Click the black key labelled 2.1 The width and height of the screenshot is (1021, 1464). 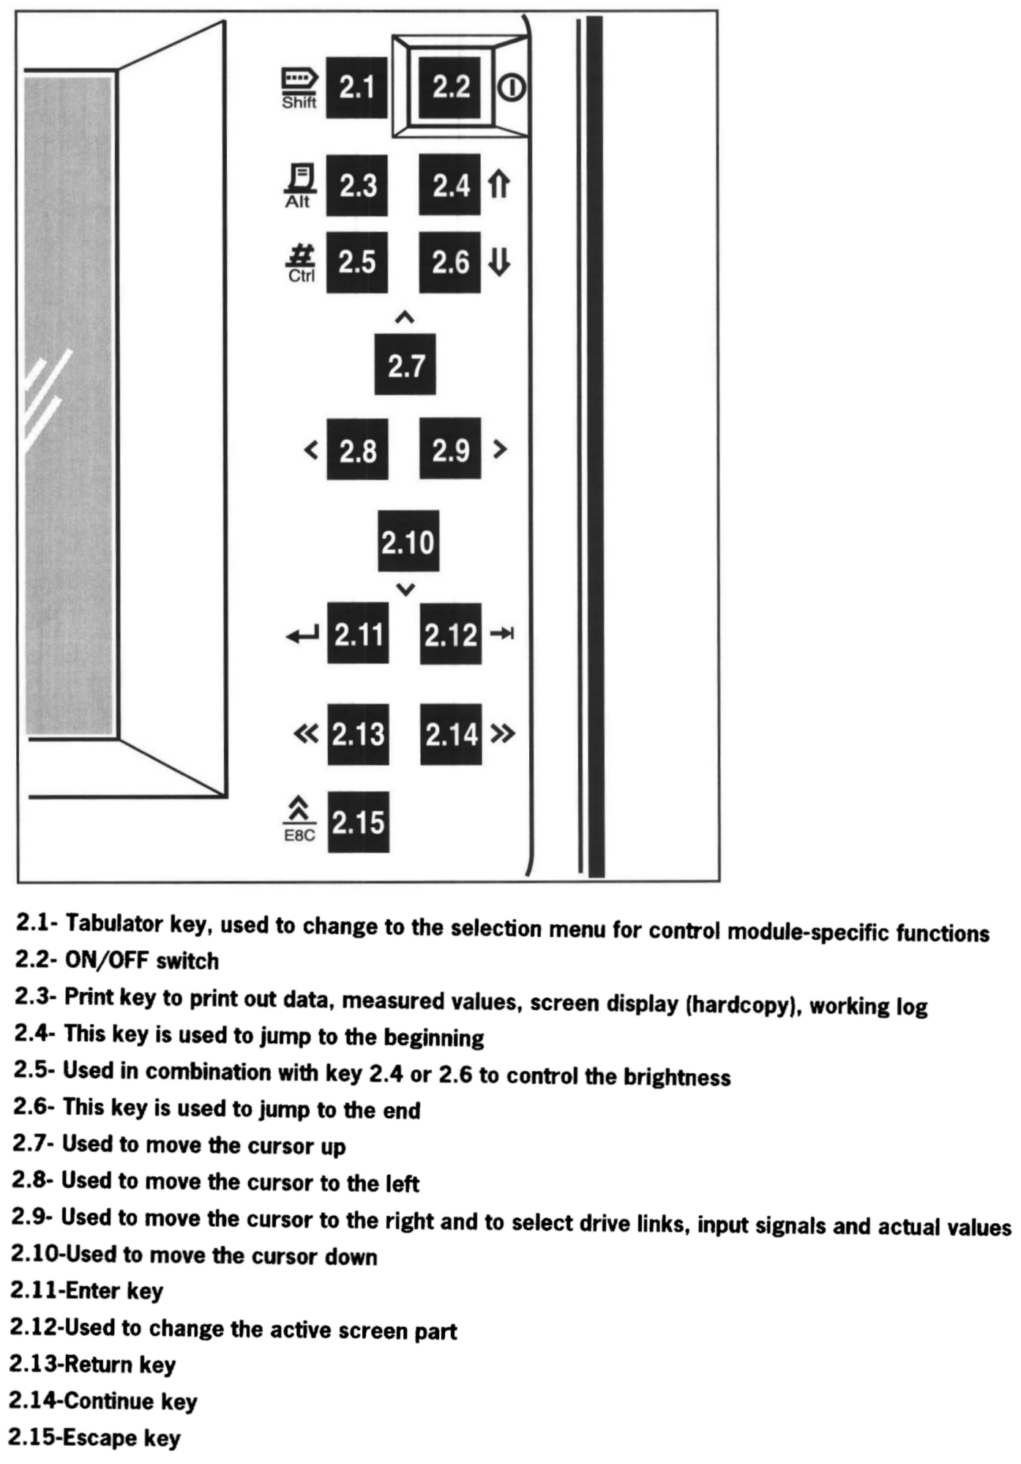(356, 87)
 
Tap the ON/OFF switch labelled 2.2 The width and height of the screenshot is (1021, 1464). (450, 87)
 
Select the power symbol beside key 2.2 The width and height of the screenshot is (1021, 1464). (511, 89)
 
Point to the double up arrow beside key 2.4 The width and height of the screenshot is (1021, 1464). (498, 184)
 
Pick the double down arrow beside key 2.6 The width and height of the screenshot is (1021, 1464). (499, 261)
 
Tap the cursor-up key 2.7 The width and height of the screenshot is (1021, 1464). (405, 365)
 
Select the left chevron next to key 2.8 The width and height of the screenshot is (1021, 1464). (311, 449)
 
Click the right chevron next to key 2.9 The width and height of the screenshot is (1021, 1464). (500, 448)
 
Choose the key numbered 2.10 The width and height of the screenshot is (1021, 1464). (408, 542)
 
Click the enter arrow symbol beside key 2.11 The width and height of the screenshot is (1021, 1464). (303, 635)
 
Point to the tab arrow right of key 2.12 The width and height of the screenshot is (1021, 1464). (502, 633)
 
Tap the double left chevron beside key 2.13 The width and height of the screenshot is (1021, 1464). (306, 733)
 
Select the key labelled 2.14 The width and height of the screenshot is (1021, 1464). (451, 734)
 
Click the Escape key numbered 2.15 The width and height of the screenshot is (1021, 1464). (358, 822)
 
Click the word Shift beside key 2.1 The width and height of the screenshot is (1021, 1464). (299, 102)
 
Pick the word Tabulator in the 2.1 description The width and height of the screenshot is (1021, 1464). (113, 924)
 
